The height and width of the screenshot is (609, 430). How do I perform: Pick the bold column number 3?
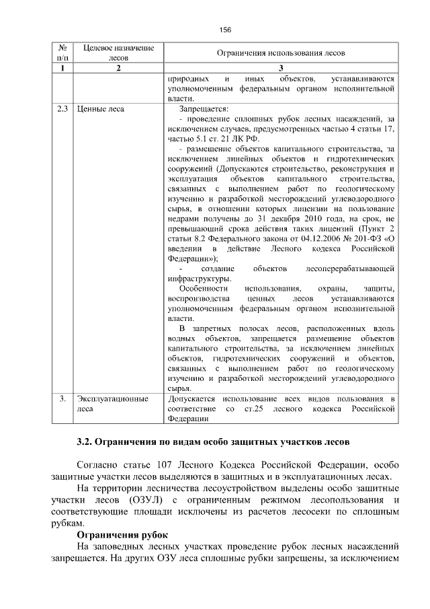[x=280, y=68]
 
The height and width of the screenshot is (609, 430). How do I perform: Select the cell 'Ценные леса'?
[x=101, y=108]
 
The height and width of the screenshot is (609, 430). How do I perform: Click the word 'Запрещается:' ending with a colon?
[x=204, y=108]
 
